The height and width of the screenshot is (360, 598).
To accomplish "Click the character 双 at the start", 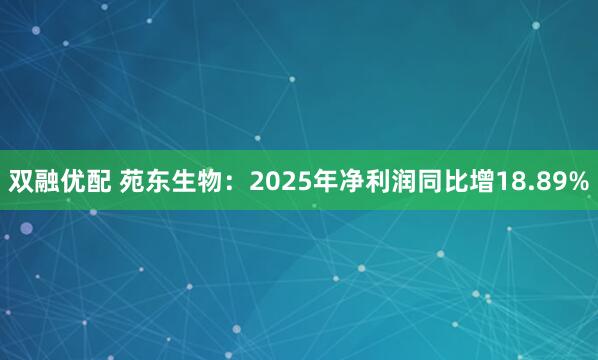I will coord(21,180).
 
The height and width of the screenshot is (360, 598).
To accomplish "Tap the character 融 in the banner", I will coord(48,180).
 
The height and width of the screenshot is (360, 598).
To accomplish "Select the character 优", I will coord(75,180).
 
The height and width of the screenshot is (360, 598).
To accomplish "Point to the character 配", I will coord(101,180).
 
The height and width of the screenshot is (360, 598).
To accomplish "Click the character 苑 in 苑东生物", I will coord(134,180).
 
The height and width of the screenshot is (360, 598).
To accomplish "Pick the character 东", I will coord(161,180).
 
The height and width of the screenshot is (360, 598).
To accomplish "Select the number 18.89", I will coord(533,180).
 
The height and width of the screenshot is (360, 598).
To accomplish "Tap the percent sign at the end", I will coord(578,180).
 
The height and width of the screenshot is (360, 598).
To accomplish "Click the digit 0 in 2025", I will coord(273,180).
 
